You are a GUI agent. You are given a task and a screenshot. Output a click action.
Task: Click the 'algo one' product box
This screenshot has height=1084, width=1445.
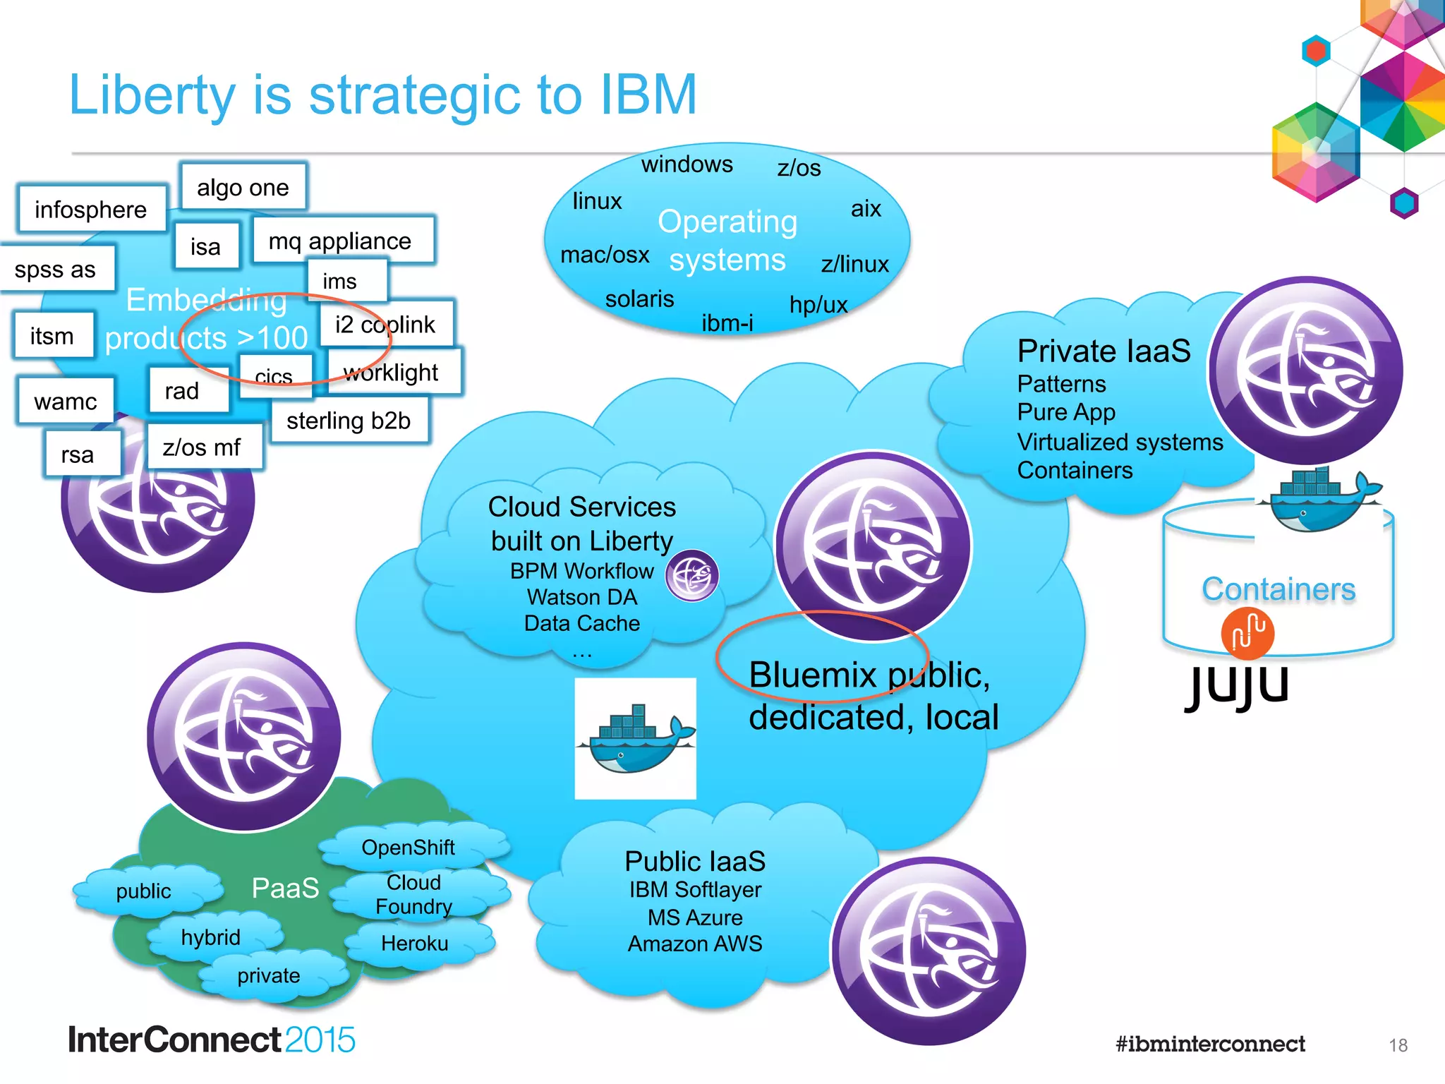tap(243, 187)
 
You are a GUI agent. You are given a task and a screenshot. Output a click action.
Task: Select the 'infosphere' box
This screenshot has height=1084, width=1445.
tap(90, 209)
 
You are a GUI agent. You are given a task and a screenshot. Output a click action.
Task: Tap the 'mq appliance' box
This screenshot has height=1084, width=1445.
tap(340, 241)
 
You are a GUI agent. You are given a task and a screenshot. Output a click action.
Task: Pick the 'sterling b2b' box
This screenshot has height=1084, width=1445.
tap(349, 421)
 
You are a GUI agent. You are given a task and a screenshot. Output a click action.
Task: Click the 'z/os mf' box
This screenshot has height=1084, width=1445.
tap(202, 447)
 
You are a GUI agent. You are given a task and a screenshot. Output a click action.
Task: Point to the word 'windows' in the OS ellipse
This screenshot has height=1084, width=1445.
tap(687, 164)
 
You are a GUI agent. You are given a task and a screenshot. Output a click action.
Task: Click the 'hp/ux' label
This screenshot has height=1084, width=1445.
tap(818, 304)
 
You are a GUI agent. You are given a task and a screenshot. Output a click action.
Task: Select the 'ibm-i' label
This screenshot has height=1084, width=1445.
tap(727, 323)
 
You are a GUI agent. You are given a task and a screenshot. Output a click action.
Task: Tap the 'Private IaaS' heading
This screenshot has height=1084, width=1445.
tap(1104, 351)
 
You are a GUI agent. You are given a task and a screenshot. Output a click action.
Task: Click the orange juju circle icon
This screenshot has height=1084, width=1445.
tap(1247, 632)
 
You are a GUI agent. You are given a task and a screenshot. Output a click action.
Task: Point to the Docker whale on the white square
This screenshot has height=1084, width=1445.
tap(635, 740)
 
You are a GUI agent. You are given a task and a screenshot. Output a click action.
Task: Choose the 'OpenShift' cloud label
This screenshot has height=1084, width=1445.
tap(408, 847)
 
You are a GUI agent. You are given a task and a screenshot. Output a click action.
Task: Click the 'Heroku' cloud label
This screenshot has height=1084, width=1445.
tap(414, 944)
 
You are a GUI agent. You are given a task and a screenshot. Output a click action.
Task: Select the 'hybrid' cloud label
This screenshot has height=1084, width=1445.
tap(210, 937)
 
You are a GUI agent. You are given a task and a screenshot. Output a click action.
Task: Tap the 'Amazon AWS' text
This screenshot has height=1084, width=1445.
tap(695, 944)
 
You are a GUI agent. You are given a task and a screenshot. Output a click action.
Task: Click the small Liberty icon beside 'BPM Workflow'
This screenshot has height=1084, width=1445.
tap(692, 576)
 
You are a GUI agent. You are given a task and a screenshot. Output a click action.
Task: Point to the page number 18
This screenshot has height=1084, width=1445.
tap(1398, 1045)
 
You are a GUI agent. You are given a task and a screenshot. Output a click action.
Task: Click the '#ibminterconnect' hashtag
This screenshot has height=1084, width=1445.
tap(1210, 1044)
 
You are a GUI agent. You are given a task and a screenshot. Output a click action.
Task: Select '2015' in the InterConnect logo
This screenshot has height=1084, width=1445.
tap(320, 1040)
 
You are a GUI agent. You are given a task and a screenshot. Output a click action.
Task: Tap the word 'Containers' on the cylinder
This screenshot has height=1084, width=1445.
tap(1278, 589)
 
